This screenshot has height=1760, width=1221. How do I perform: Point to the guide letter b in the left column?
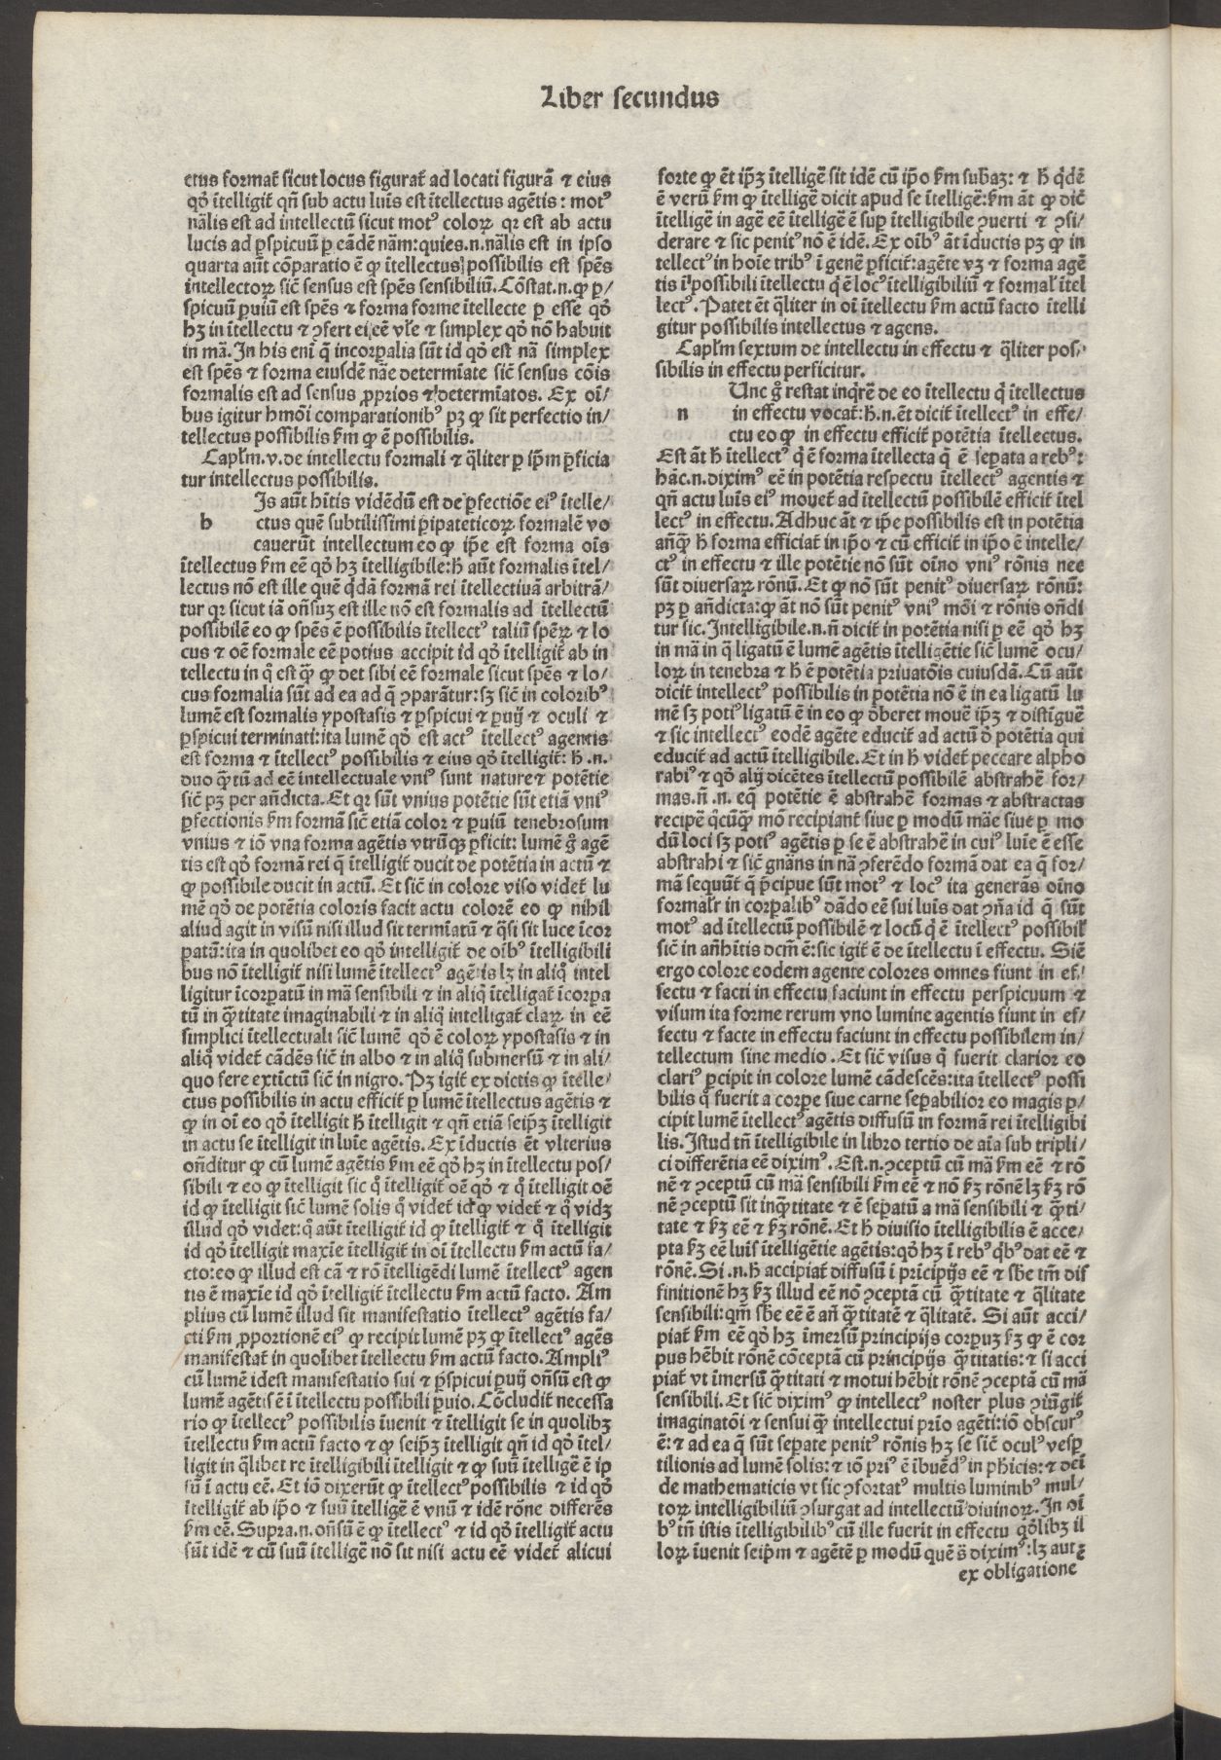[x=205, y=523]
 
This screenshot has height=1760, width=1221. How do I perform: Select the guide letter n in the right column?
[x=682, y=413]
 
